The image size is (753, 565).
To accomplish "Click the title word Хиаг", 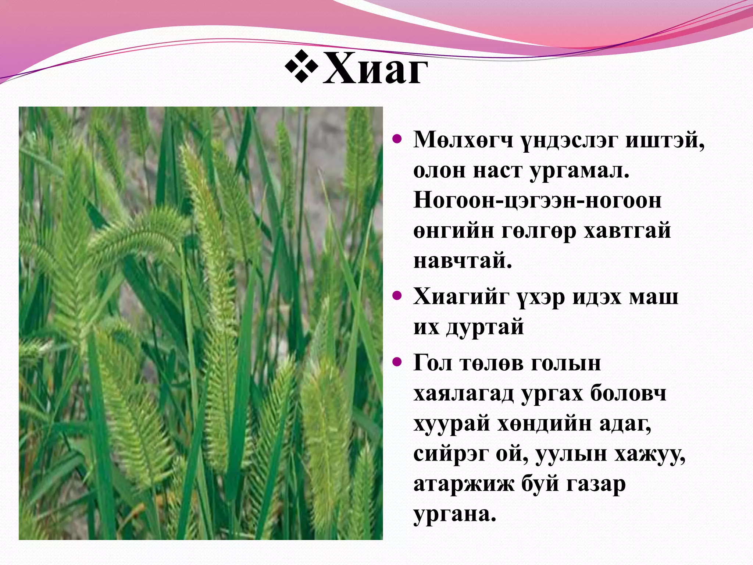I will click(x=375, y=69).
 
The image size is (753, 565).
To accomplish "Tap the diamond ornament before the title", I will click(x=301, y=66).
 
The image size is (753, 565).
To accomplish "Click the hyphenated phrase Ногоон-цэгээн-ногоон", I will click(x=537, y=201).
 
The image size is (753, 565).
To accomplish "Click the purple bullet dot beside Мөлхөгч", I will click(x=397, y=139).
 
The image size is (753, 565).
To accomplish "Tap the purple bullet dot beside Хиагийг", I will click(x=397, y=295).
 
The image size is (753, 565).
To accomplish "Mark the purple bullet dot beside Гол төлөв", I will click(x=397, y=362).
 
